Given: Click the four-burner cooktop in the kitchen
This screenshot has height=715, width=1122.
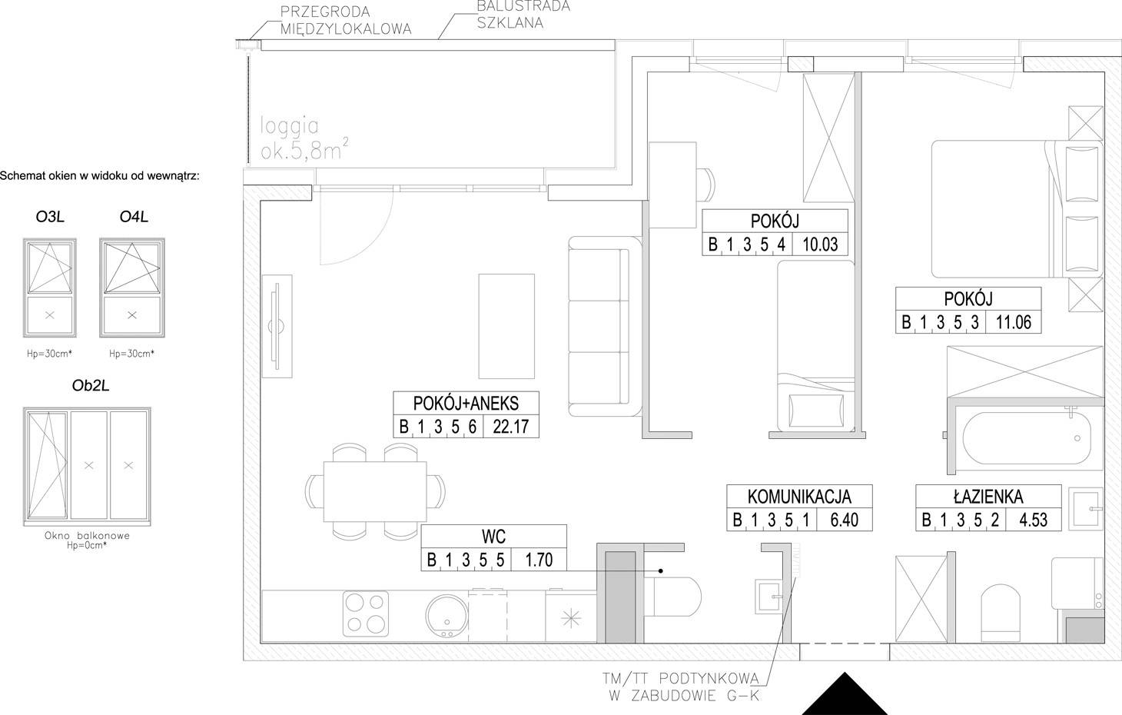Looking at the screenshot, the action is pyautogui.click(x=366, y=614).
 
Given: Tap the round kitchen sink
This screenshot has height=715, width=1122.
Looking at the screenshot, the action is pyautogui.click(x=446, y=616).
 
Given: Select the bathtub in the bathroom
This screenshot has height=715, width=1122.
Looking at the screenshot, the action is pyautogui.click(x=1027, y=439).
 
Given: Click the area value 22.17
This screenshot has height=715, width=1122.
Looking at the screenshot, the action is pyautogui.click(x=511, y=427).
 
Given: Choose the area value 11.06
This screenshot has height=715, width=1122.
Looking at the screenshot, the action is pyautogui.click(x=1014, y=321).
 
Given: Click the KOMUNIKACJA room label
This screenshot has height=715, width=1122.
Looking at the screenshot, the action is pyautogui.click(x=799, y=496).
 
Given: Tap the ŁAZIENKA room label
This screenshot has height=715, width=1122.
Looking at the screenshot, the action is pyautogui.click(x=988, y=496).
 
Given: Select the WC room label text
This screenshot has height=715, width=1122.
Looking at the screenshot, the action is pyautogui.click(x=493, y=537).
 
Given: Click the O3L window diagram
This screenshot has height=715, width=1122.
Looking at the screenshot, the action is pyautogui.click(x=50, y=288).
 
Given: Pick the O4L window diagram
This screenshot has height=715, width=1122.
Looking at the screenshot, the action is pyautogui.click(x=132, y=288).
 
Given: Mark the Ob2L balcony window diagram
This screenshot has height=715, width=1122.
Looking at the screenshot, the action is pyautogui.click(x=87, y=466).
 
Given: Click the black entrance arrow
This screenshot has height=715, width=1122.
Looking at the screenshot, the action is pyautogui.click(x=845, y=697).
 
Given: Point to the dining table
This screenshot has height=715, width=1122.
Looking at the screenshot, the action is pyautogui.click(x=375, y=491).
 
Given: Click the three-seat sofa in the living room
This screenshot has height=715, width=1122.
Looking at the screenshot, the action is pyautogui.click(x=605, y=326).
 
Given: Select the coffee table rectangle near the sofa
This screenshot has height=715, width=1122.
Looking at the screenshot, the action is pyautogui.click(x=506, y=326).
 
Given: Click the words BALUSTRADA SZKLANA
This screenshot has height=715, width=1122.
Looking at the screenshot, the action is pyautogui.click(x=523, y=15).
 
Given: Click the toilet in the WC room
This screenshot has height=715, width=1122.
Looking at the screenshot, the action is pyautogui.click(x=672, y=597).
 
